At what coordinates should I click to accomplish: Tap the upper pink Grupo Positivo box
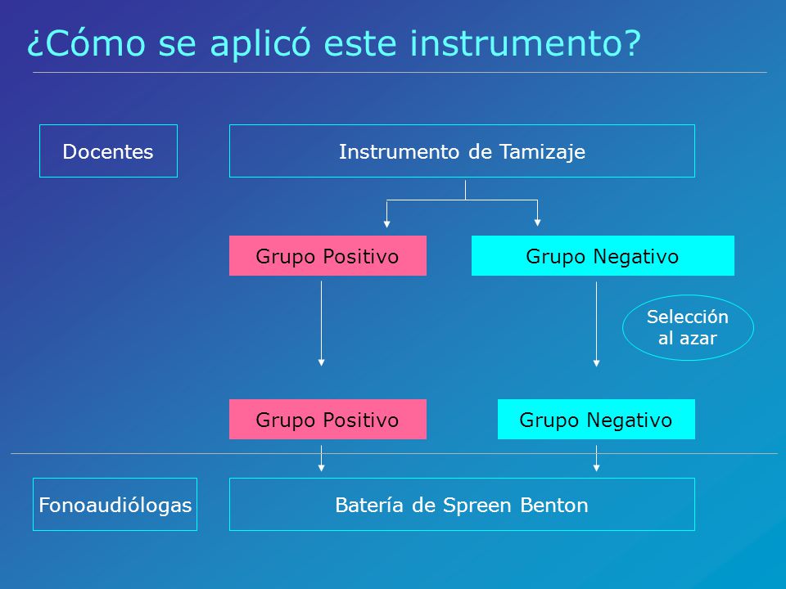327,255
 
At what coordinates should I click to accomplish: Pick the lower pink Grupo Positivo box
327,419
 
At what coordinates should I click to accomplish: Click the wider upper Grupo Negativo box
603,255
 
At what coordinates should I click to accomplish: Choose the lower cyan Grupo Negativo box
596,419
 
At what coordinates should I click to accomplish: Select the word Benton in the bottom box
554,505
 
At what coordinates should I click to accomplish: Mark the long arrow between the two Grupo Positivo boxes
321,324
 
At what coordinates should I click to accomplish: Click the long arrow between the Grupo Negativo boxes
596,324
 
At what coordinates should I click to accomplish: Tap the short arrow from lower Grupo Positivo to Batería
321,458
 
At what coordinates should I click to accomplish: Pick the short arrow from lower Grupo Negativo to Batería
596,458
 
